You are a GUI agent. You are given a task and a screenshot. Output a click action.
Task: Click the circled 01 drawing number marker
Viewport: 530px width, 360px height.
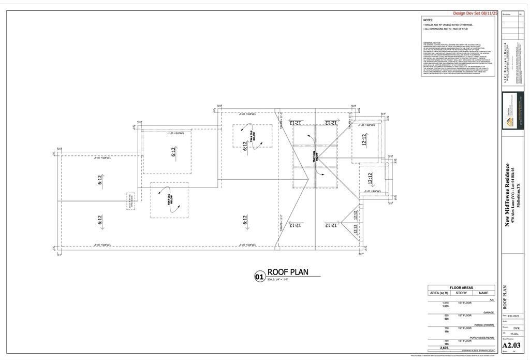pos(260,277)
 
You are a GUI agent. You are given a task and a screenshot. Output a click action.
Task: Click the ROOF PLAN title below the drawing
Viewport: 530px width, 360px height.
pos(288,272)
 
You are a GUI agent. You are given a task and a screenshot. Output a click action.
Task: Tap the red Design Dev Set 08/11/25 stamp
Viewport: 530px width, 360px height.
pos(475,13)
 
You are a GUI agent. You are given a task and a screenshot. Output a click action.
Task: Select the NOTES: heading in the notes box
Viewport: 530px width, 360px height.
pos(428,20)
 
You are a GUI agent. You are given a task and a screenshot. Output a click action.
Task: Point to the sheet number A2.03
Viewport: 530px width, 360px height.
pos(511,345)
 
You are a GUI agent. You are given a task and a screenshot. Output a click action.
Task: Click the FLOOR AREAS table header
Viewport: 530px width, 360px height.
pos(461,287)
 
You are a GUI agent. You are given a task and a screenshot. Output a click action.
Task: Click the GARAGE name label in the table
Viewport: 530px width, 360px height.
pos(488,312)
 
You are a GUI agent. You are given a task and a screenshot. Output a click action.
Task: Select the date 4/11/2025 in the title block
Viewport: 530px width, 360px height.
pos(512,315)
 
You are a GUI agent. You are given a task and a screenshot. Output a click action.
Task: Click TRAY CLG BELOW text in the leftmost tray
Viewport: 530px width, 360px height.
pos(169,199)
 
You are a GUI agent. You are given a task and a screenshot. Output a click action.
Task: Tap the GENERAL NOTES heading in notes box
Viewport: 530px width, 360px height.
pos(432,42)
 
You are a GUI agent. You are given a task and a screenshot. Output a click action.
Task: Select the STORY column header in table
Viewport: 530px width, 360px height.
pos(461,293)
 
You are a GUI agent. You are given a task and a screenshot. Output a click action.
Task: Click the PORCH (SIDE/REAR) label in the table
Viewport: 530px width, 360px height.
pos(482,338)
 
